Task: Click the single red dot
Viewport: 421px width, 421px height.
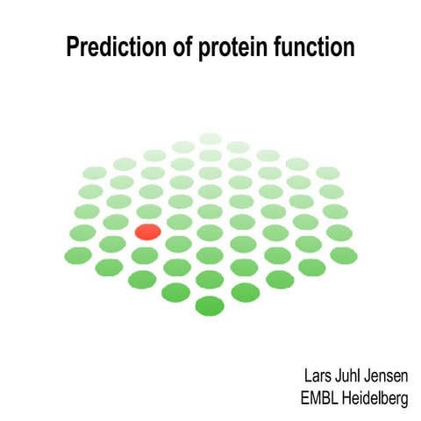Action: click(x=147, y=232)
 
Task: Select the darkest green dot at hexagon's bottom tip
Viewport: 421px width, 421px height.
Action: click(x=210, y=306)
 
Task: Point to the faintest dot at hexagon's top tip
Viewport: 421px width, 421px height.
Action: click(x=210, y=139)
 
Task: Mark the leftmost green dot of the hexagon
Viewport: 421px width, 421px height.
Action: click(x=78, y=254)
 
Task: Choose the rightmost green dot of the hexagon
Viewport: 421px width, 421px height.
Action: click(x=344, y=254)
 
